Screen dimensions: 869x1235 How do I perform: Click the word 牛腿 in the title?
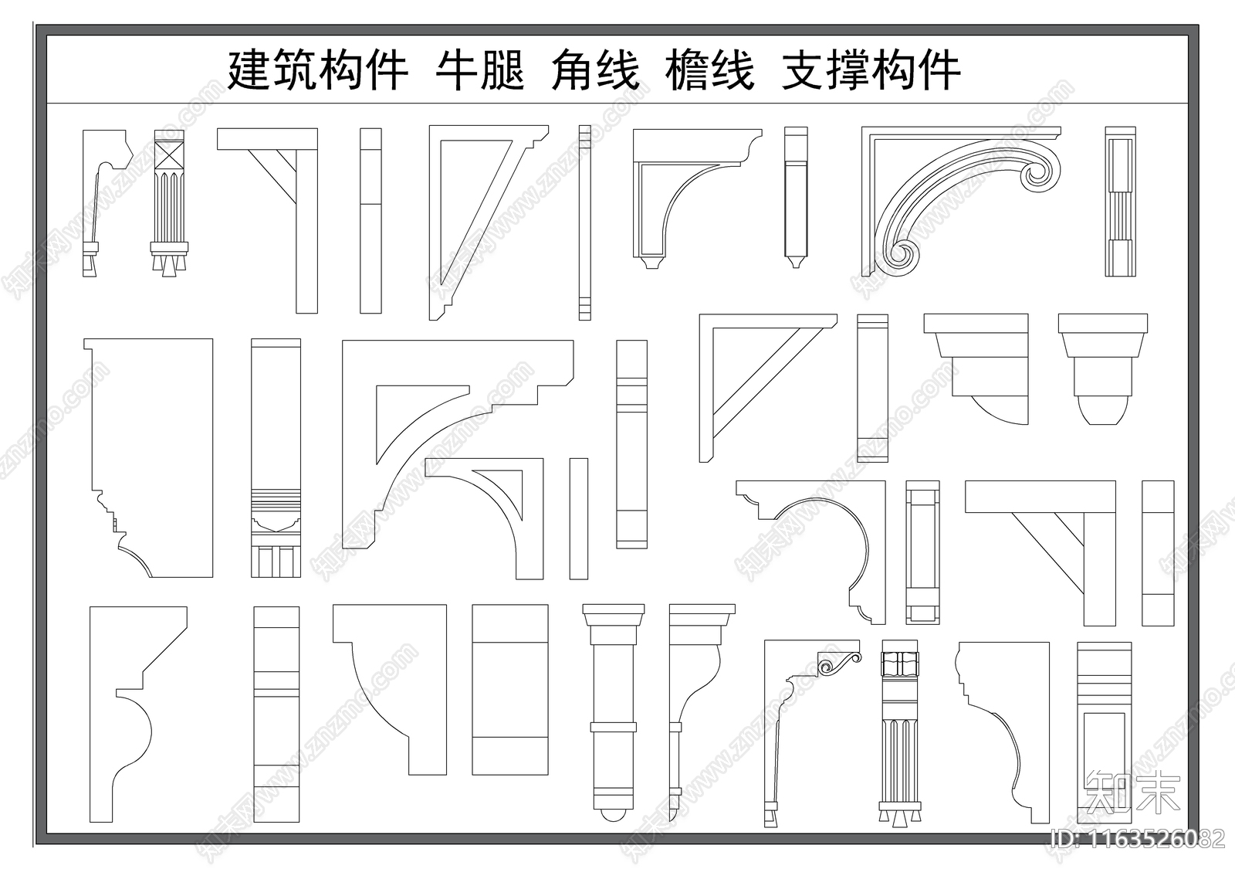point(480,71)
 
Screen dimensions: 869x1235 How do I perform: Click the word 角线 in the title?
point(595,71)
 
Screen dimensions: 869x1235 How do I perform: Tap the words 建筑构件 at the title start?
point(317,71)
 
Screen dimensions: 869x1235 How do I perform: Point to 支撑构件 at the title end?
point(871,71)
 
